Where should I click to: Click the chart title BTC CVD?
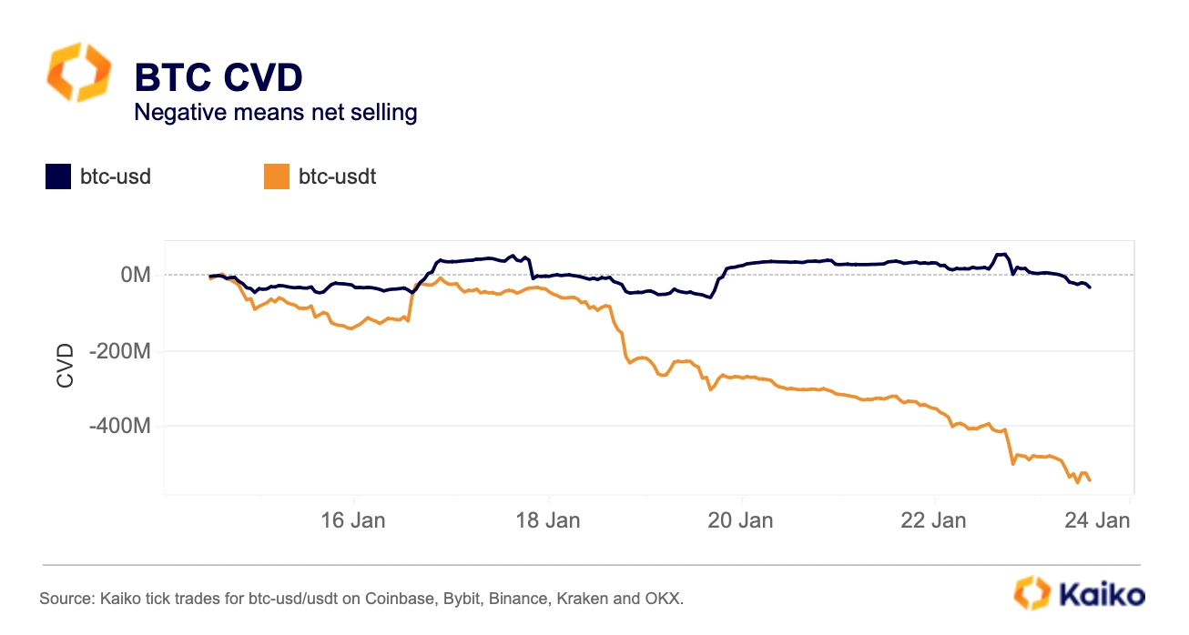(218, 78)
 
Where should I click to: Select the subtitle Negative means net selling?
(275, 113)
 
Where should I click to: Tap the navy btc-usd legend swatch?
(58, 176)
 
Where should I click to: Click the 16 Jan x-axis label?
(353, 520)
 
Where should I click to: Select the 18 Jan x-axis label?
(548, 520)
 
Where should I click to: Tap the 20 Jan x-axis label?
(741, 520)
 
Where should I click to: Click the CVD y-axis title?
(66, 365)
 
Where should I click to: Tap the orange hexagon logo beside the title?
(79, 72)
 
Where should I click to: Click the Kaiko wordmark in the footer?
(1102, 596)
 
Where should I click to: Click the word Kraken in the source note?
(590, 600)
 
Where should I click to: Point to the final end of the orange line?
(1090, 479)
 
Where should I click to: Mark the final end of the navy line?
(1091, 287)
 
